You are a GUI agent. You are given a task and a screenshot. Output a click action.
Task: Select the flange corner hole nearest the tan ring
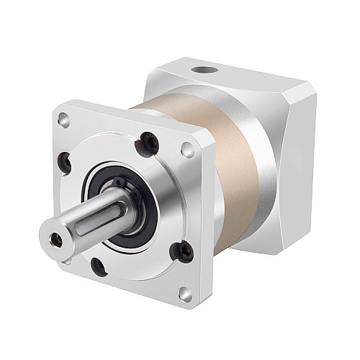coord(188,150)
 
